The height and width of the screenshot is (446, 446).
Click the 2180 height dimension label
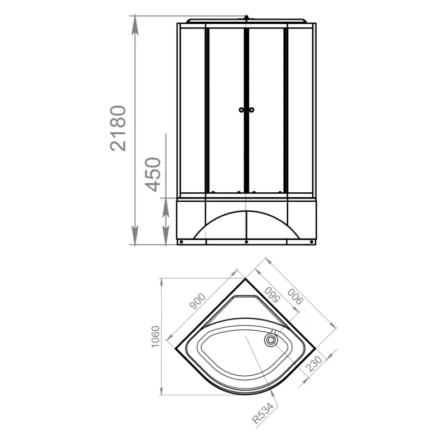click(x=118, y=128)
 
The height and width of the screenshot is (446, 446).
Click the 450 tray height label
click(x=153, y=174)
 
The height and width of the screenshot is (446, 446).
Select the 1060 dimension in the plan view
click(x=156, y=337)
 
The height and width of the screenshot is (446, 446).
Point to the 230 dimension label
click(x=314, y=364)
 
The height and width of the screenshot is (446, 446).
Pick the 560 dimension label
click(x=272, y=295)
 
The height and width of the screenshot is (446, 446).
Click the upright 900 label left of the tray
click(x=197, y=301)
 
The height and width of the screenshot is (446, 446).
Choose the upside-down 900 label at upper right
click(x=295, y=297)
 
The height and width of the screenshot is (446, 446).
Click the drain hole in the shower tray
click(x=271, y=340)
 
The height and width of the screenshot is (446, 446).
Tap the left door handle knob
click(x=241, y=110)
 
